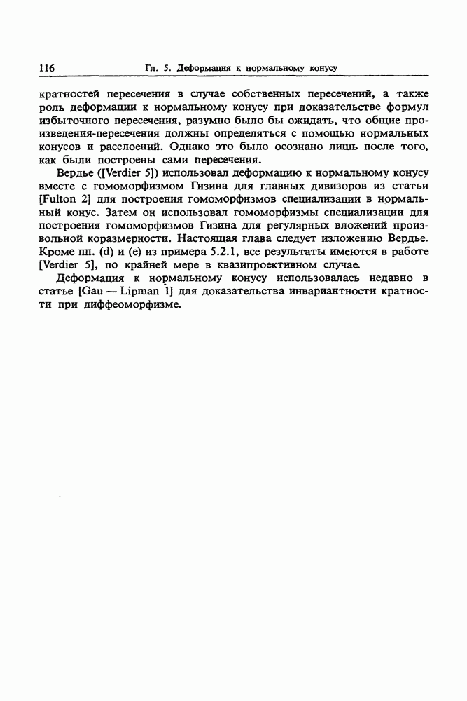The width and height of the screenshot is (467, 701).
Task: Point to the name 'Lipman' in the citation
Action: (140, 292)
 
